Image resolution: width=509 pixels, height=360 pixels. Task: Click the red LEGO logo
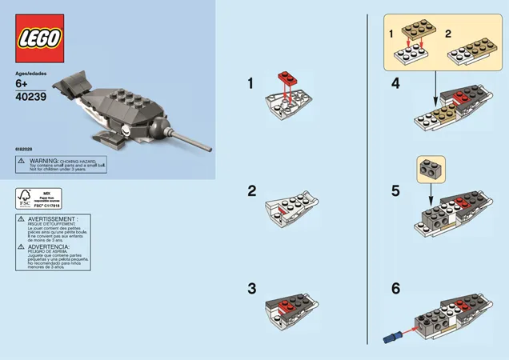pos(40,38)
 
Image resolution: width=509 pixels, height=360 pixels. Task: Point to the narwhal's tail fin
pos(73,82)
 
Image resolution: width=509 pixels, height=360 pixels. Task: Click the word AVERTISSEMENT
pos(54,218)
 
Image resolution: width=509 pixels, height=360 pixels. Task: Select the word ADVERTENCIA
pos(51,247)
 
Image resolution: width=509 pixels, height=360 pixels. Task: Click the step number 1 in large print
pos(250,82)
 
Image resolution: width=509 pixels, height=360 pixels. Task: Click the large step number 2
pos(251,191)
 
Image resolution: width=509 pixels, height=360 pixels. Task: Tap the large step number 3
pos(251,288)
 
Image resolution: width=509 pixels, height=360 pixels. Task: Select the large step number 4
pos(395,83)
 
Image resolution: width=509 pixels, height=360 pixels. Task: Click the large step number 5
pos(395,191)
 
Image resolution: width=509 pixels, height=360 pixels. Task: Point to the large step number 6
pos(395,288)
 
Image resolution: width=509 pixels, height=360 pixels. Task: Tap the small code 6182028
pos(24,148)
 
